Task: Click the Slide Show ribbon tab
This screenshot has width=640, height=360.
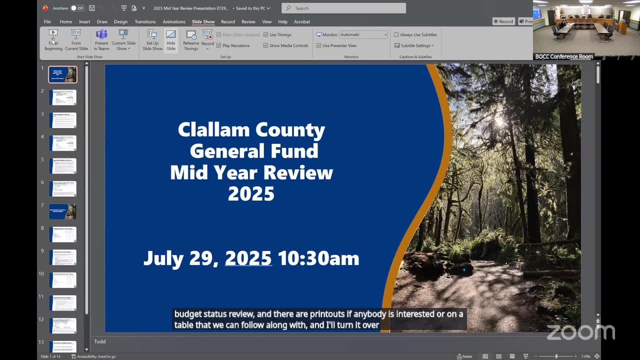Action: pyautogui.click(x=203, y=21)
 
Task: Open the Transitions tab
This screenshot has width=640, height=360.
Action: pyautogui.click(x=145, y=21)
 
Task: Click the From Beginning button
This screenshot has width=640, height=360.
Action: pyautogui.click(x=53, y=39)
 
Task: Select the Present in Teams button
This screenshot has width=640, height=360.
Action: pyautogui.click(x=101, y=39)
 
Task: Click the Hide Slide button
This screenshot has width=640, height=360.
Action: pyautogui.click(x=171, y=39)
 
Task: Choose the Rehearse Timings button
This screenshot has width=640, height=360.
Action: pyautogui.click(x=191, y=39)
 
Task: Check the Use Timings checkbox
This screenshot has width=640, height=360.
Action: pyautogui.click(x=266, y=34)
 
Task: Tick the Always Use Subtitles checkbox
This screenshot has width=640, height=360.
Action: pyautogui.click(x=396, y=34)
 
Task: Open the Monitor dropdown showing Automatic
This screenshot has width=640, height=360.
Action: pyautogui.click(x=363, y=34)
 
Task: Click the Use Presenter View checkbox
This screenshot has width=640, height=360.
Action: pyautogui.click(x=319, y=45)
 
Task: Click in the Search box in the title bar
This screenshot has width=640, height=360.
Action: pyautogui.click(x=343, y=8)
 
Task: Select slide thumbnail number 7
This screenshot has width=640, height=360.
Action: pyautogui.click(x=62, y=211)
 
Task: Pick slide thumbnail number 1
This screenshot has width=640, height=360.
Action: pyautogui.click(x=62, y=74)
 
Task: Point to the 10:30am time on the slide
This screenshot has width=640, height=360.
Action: pyautogui.click(x=318, y=258)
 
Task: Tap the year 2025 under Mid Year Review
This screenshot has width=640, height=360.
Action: pyautogui.click(x=251, y=193)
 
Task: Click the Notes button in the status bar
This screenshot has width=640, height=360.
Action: pyautogui.click(x=464, y=356)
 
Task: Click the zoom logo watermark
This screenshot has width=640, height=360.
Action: pyautogui.click(x=580, y=331)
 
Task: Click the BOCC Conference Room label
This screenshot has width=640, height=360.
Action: pyautogui.click(x=564, y=56)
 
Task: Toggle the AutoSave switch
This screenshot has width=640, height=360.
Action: pyautogui.click(x=76, y=8)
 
